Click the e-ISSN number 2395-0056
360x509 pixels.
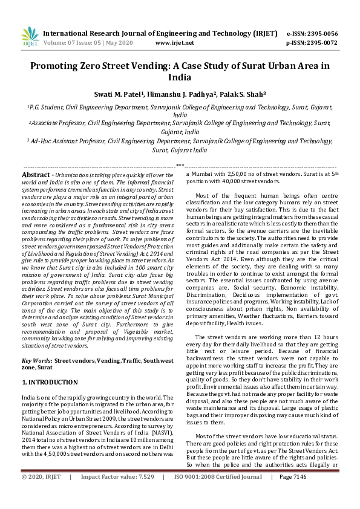(x=322, y=34)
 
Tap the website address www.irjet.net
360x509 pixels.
(x=174, y=44)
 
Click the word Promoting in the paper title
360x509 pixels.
(x=59, y=65)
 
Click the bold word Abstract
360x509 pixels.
(x=36, y=174)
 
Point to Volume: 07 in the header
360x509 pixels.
(x=59, y=44)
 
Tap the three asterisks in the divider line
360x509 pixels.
(x=180, y=165)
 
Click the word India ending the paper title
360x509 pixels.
(x=180, y=77)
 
